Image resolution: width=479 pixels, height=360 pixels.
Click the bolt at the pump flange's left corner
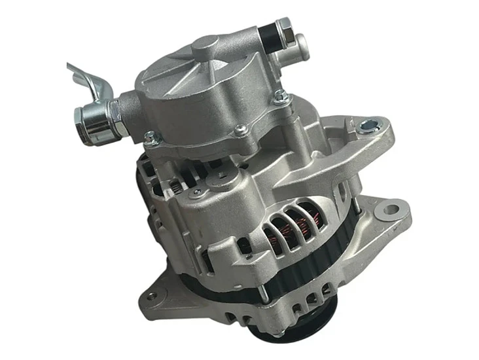pyautogui.click(x=151, y=137)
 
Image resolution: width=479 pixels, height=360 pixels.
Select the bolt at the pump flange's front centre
pyautogui.click(x=240, y=131)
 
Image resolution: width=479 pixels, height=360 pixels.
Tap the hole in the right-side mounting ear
pyautogui.click(x=391, y=211)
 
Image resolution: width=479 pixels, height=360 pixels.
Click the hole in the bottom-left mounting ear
pyautogui.click(x=152, y=296)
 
